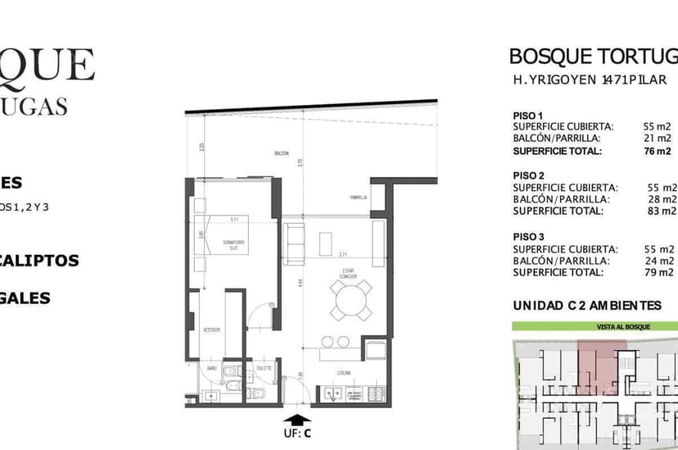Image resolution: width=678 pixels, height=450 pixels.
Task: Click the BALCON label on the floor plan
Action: (x=282, y=154)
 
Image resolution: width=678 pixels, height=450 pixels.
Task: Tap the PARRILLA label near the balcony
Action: (x=358, y=198)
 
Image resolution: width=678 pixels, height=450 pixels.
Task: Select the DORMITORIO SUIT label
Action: (x=233, y=243)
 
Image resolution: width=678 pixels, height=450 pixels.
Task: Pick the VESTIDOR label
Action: (x=212, y=330)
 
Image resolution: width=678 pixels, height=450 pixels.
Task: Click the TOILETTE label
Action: (x=263, y=369)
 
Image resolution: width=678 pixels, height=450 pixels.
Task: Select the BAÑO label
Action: (x=211, y=369)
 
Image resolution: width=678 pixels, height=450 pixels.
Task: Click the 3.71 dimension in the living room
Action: (x=343, y=255)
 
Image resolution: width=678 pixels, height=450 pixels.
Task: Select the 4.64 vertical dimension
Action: (x=301, y=283)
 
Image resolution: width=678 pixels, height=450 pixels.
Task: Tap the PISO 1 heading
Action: (x=528, y=115)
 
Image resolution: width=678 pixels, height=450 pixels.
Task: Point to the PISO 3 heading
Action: (x=528, y=236)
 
